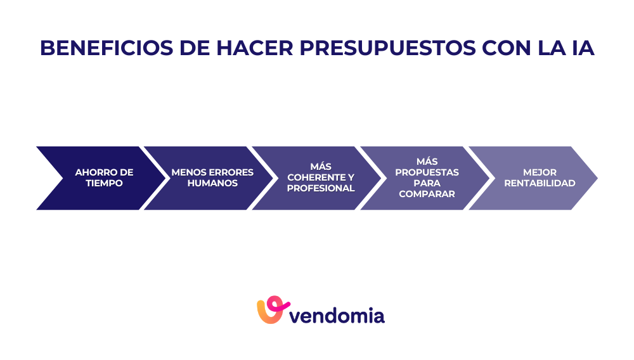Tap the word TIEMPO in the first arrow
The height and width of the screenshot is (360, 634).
coord(104,183)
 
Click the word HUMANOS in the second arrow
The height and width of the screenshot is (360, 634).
coord(212,183)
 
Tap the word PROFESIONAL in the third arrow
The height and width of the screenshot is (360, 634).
coord(321,188)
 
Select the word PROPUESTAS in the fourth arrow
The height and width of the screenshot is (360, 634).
coord(427,172)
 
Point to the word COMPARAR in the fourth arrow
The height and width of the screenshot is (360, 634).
coord(427,194)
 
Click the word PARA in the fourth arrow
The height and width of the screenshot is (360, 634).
coord(427,183)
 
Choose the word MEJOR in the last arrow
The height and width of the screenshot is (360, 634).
coord(540,172)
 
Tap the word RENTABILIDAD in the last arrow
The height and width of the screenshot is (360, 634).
coord(540,183)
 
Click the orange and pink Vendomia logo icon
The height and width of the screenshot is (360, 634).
coord(271,310)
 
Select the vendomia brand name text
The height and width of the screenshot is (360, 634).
coord(337,315)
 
